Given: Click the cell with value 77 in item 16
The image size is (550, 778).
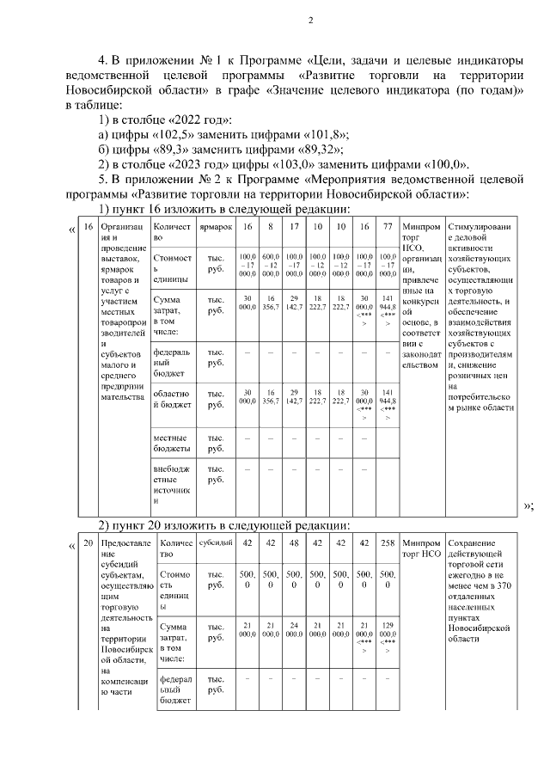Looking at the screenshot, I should click(x=388, y=226).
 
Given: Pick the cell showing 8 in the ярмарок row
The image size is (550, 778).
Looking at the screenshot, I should click(x=271, y=226).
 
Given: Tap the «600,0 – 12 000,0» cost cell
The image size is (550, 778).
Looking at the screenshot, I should click(x=271, y=261).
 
